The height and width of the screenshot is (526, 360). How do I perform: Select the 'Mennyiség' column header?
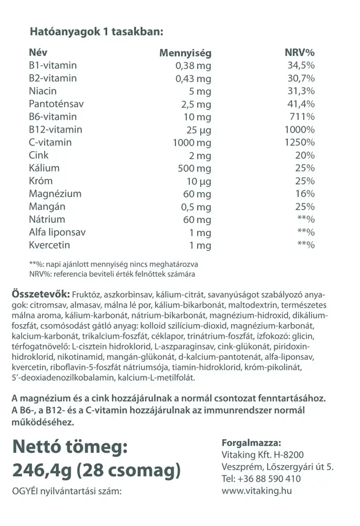tap(185, 53)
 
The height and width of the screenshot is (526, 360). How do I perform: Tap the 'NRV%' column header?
tap(299, 53)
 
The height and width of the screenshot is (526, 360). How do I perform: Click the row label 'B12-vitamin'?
tap(56, 129)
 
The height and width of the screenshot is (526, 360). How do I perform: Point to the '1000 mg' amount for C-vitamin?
tap(192, 143)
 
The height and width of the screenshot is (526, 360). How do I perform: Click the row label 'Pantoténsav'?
tap(56, 104)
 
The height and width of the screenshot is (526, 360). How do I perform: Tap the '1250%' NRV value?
tap(299, 143)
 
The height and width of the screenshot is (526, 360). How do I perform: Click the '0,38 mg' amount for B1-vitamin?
tap(193, 66)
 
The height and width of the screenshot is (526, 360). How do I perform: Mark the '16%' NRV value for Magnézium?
tap(305, 194)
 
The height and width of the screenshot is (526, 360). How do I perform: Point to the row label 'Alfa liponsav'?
tap(57, 232)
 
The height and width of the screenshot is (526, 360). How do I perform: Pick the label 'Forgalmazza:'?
tap(251, 442)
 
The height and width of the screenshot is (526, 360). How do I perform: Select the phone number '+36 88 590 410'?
tap(269, 479)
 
